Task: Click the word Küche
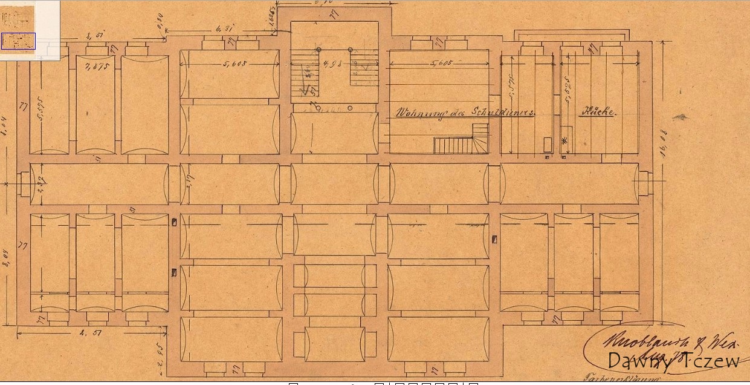coord(598,112)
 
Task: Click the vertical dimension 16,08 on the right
coord(662,145)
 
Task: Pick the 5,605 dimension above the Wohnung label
coord(442,63)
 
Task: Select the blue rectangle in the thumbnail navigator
coord(18,41)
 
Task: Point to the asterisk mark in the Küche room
coord(565,140)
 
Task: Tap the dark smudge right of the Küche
coord(681,117)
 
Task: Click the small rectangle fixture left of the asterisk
coord(548,144)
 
